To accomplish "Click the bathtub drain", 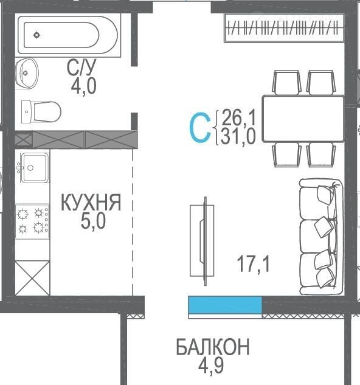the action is click(x=37, y=35).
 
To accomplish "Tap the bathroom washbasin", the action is click(x=27, y=73).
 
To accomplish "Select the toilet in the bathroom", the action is click(x=41, y=112).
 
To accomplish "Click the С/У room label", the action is click(x=81, y=67).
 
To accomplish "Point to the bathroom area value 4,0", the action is click(x=83, y=86).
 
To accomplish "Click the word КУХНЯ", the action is click(x=91, y=203).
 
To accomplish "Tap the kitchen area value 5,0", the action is click(x=93, y=221).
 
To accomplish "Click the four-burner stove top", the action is click(x=32, y=221).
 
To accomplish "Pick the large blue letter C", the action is click(x=201, y=127).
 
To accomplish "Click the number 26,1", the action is click(x=238, y=117).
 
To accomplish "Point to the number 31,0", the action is click(x=238, y=136).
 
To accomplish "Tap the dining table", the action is click(x=303, y=119).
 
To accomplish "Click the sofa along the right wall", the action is click(x=321, y=237).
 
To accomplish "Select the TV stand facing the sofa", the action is click(x=202, y=241).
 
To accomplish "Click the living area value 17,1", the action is click(x=253, y=264).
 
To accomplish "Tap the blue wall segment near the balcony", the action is click(x=225, y=305).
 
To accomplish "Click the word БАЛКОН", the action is click(x=213, y=347).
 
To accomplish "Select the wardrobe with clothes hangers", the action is click(x=285, y=27).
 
